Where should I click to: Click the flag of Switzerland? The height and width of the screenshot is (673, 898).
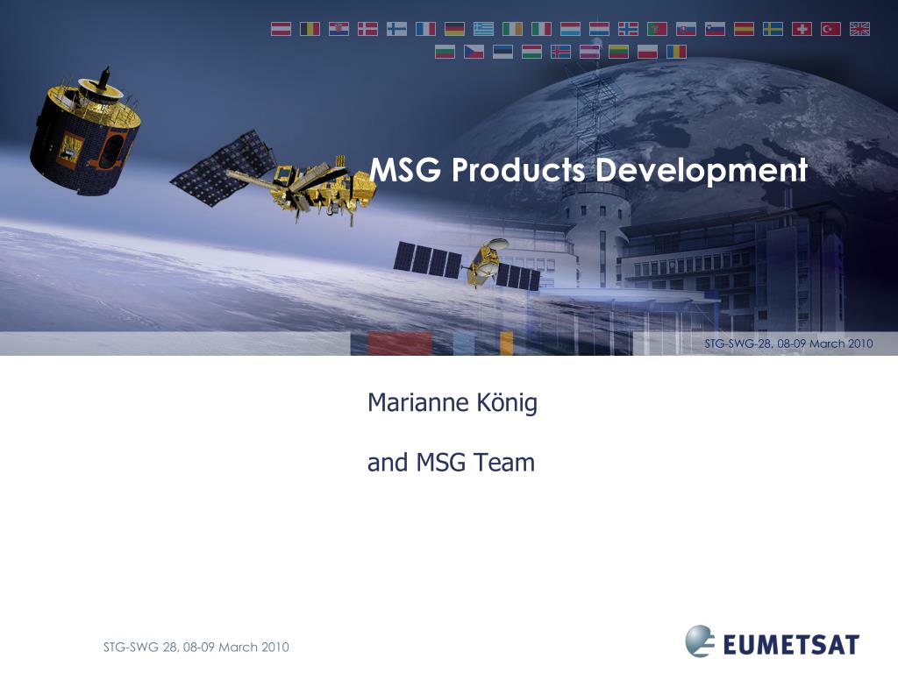802,29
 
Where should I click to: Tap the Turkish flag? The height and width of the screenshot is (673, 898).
830,29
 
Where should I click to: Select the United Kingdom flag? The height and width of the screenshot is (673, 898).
859,29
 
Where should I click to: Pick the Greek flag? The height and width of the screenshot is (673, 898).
483,29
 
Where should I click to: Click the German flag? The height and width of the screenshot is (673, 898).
455,29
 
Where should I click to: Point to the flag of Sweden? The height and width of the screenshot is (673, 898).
773,29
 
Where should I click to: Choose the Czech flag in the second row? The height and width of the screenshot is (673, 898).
474,52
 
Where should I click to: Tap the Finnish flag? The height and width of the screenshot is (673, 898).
397,29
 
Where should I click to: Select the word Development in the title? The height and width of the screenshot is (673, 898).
702,171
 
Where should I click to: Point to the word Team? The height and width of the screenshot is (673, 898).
504,463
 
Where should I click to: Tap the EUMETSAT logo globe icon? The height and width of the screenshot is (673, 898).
700,641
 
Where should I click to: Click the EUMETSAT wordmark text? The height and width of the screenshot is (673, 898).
791,644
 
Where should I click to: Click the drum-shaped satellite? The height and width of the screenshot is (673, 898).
85,133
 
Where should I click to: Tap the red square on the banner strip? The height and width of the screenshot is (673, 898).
399,344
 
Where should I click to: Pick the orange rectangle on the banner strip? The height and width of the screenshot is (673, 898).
506,344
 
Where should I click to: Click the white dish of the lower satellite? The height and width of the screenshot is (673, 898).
496,244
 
